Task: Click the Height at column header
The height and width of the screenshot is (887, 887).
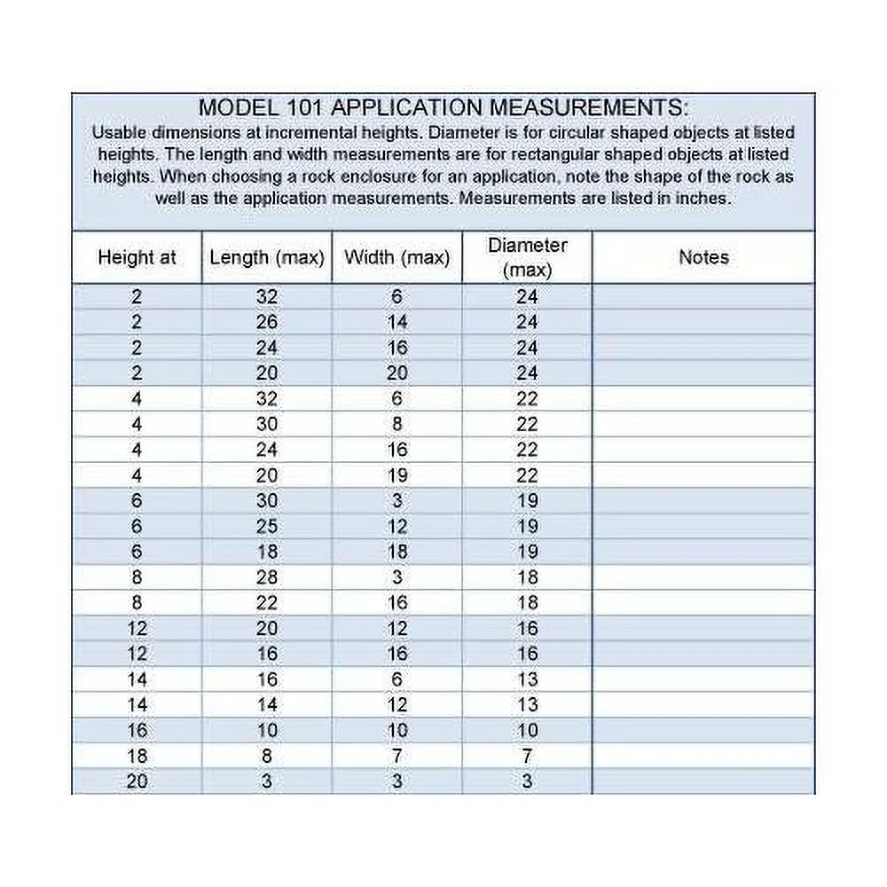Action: pyautogui.click(x=137, y=258)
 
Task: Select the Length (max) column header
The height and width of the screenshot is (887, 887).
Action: pyautogui.click(x=267, y=258)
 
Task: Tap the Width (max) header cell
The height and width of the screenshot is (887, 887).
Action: pyautogui.click(x=397, y=258)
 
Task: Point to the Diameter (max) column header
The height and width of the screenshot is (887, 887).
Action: pyautogui.click(x=528, y=257)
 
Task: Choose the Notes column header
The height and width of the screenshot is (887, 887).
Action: pyautogui.click(x=703, y=258)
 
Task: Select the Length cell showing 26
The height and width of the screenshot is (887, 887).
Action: pyautogui.click(x=267, y=322)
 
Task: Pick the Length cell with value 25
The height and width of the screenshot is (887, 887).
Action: pyautogui.click(x=267, y=526)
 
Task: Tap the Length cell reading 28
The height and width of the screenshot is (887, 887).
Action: pyautogui.click(x=267, y=577)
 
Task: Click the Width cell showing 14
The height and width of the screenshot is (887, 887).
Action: pyautogui.click(x=397, y=322)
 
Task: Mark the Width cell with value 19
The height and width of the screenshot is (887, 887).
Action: pyautogui.click(x=397, y=475)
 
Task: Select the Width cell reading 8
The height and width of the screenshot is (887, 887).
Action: pyautogui.click(x=397, y=424)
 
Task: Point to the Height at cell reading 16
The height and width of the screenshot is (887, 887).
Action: pyautogui.click(x=137, y=731)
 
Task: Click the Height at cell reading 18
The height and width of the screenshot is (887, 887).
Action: pyautogui.click(x=137, y=757)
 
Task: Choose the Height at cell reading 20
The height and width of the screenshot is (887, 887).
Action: pyautogui.click(x=137, y=782)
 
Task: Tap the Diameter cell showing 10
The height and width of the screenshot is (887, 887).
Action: pyautogui.click(x=528, y=731)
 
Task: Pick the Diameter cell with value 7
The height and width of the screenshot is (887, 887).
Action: pyautogui.click(x=528, y=757)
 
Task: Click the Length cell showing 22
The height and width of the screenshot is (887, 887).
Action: pyautogui.click(x=267, y=603)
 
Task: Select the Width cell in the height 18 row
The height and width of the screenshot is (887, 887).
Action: pyautogui.click(x=397, y=757)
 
